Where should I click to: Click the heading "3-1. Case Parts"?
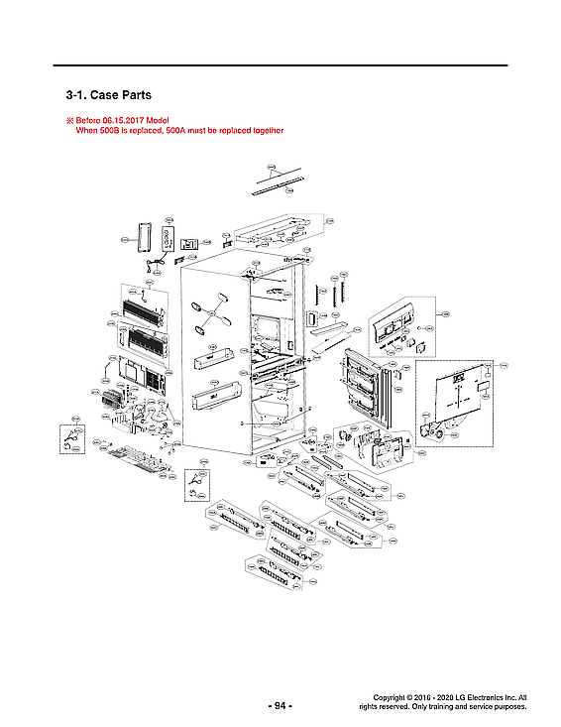click(x=107, y=96)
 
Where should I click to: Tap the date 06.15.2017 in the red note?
click(x=126, y=120)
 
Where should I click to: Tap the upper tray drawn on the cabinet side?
click(x=218, y=355)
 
